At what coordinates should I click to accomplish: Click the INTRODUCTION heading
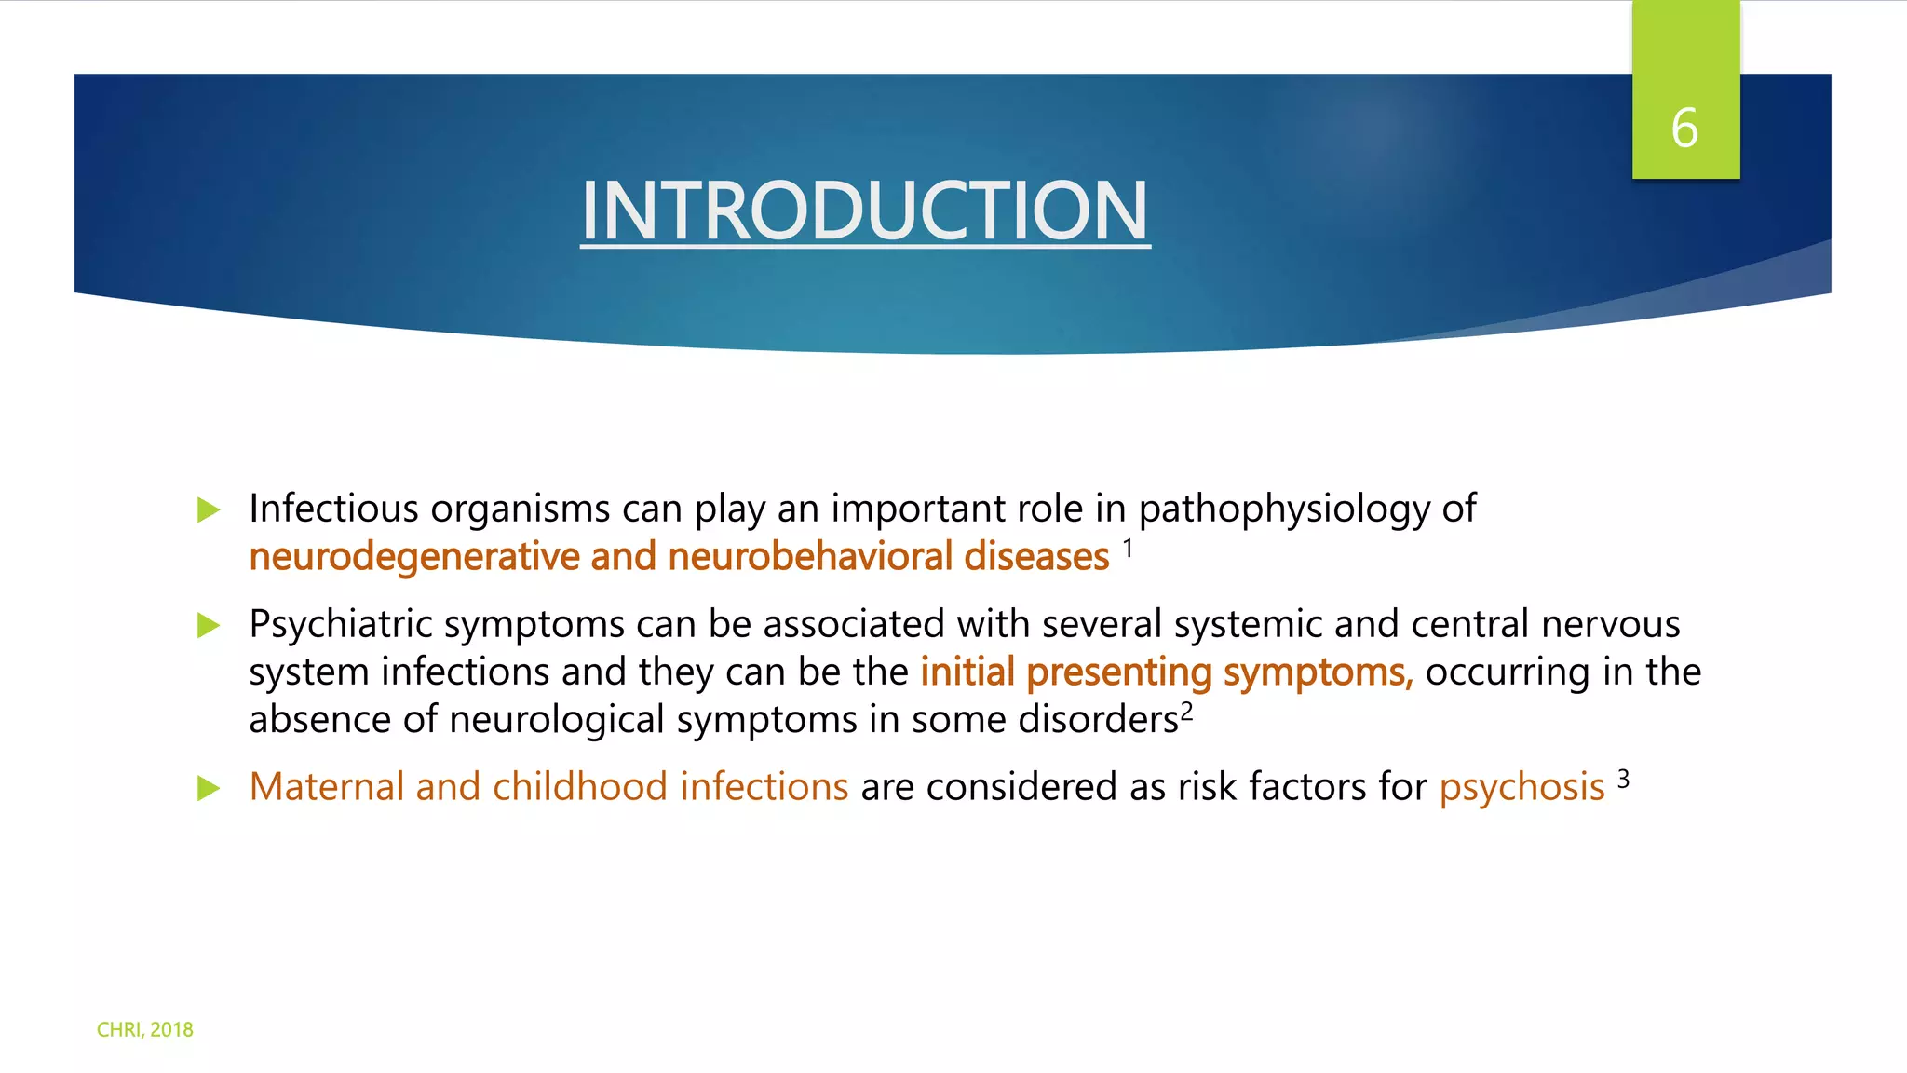point(865,211)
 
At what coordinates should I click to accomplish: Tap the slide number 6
point(1684,129)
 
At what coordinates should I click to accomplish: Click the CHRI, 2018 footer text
point(145,1029)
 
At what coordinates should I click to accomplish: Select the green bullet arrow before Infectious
point(209,510)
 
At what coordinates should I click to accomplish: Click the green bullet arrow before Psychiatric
point(209,626)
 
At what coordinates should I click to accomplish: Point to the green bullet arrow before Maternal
point(209,789)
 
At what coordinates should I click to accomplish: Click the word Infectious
point(333,509)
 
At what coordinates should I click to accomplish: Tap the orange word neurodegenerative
point(414,557)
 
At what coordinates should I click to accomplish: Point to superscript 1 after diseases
point(1128,549)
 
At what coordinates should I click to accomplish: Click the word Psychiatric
point(341,624)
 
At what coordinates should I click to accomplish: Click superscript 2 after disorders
point(1187,712)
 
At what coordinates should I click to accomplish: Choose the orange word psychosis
point(1522,788)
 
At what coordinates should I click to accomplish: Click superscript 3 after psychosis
point(1623,779)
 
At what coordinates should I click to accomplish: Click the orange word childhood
point(579,787)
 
